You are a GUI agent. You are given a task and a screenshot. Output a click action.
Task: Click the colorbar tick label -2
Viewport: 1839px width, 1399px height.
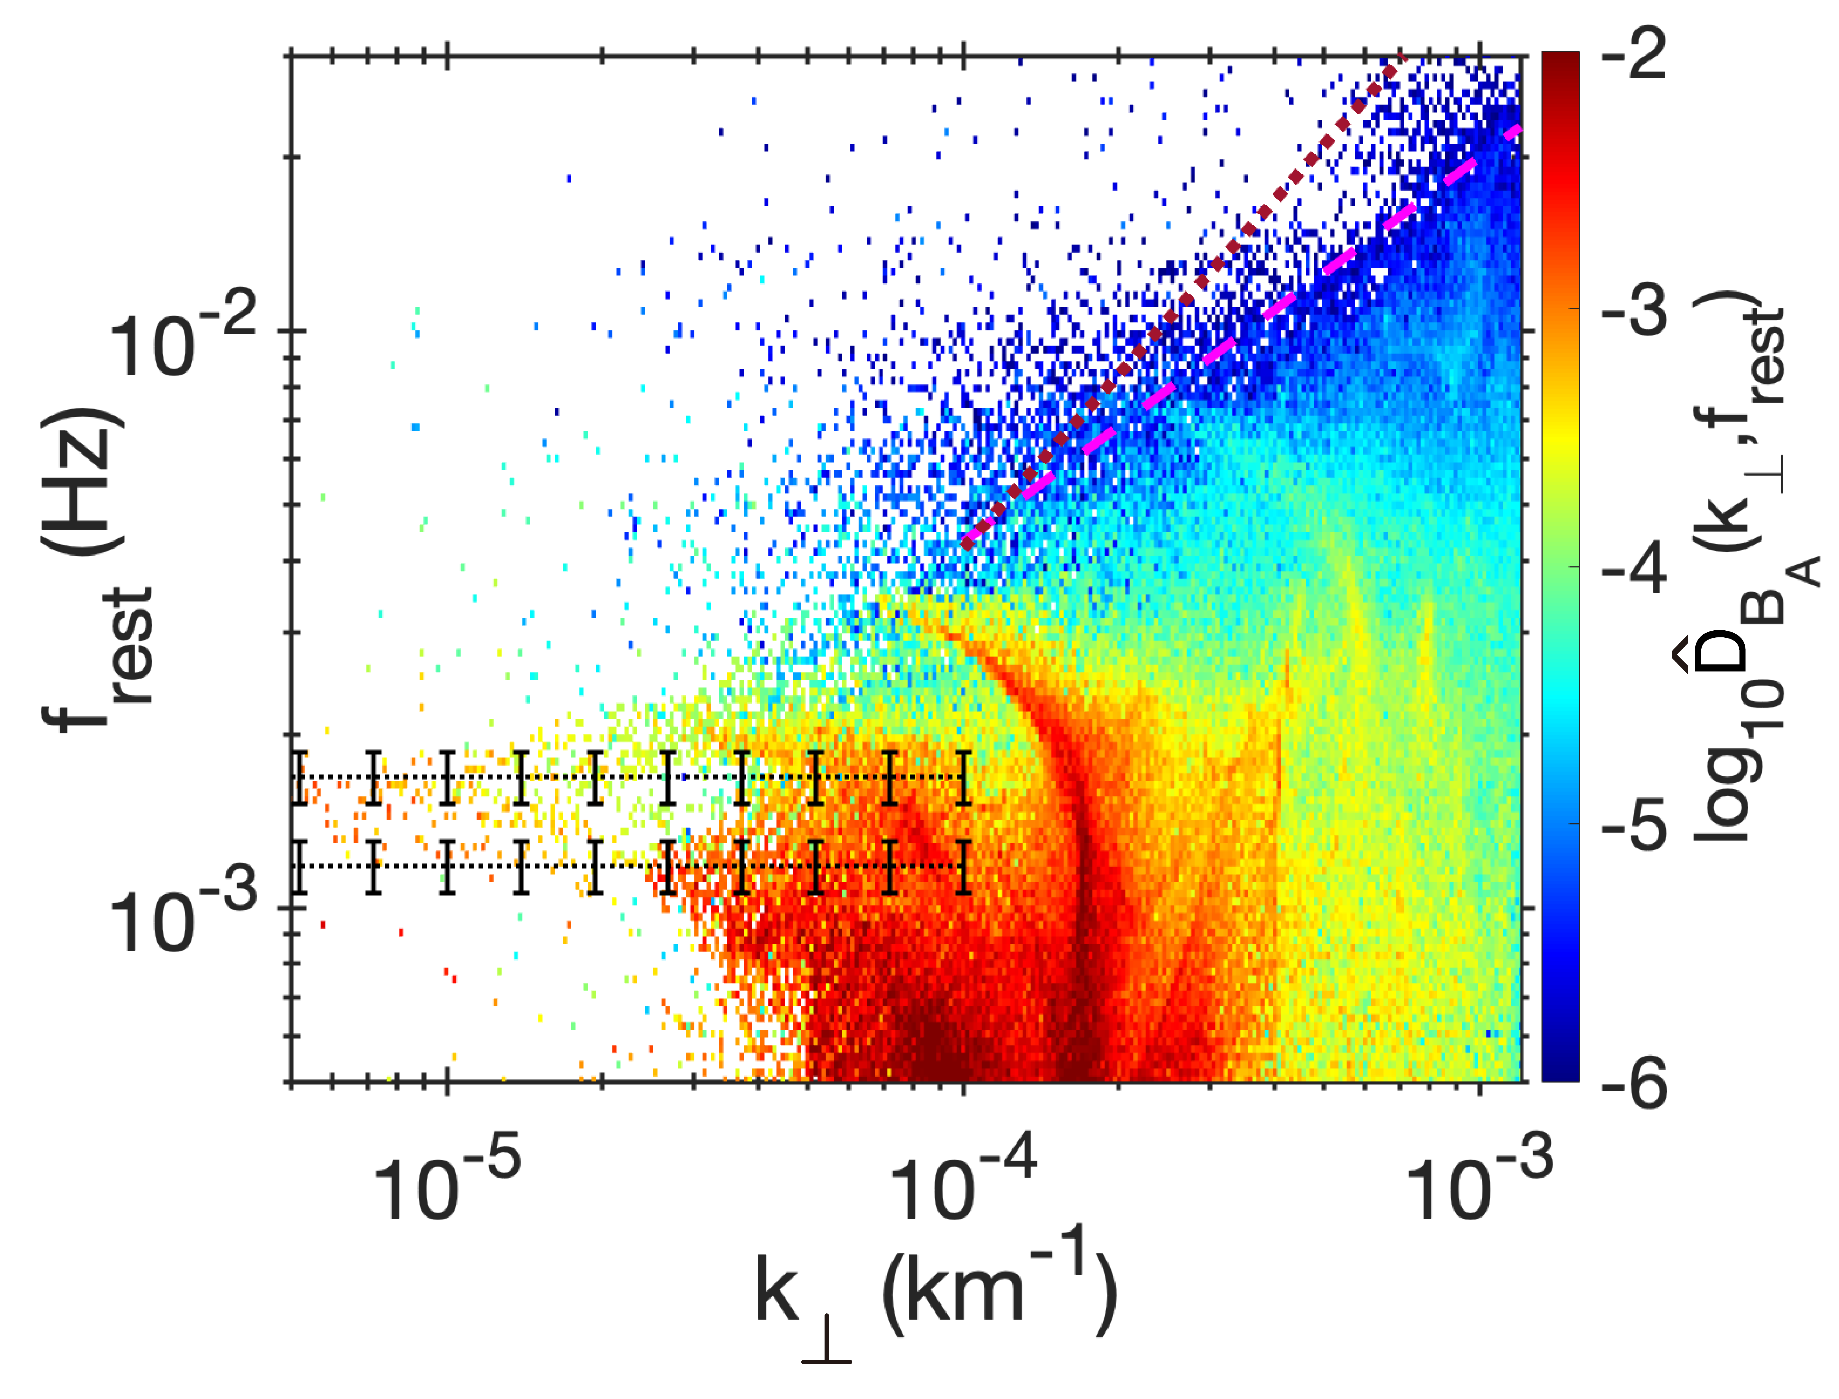[x=1633, y=54]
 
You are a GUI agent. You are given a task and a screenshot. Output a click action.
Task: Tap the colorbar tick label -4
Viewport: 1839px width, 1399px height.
[x=1633, y=568]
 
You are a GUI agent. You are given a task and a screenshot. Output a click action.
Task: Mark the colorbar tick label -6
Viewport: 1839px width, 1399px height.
[x=1633, y=1083]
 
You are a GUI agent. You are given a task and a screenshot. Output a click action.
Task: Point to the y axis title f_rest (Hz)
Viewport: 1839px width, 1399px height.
[x=96, y=566]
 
